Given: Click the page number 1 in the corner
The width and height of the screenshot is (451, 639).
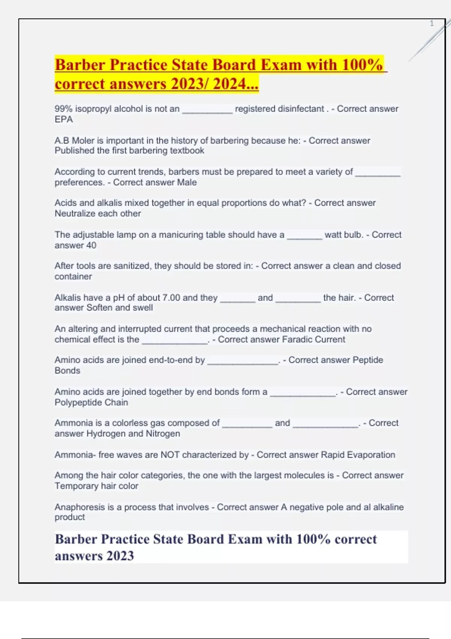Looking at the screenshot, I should click(431, 23).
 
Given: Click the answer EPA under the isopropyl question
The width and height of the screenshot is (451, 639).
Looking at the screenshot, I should click(64, 120).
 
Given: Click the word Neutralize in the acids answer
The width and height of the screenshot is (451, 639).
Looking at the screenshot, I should click(75, 214).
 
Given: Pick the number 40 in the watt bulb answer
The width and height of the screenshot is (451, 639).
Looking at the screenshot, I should click(91, 245).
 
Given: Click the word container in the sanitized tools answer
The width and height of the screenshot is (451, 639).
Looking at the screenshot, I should click(73, 277).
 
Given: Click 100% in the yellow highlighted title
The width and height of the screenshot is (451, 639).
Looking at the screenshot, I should click(362, 65).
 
